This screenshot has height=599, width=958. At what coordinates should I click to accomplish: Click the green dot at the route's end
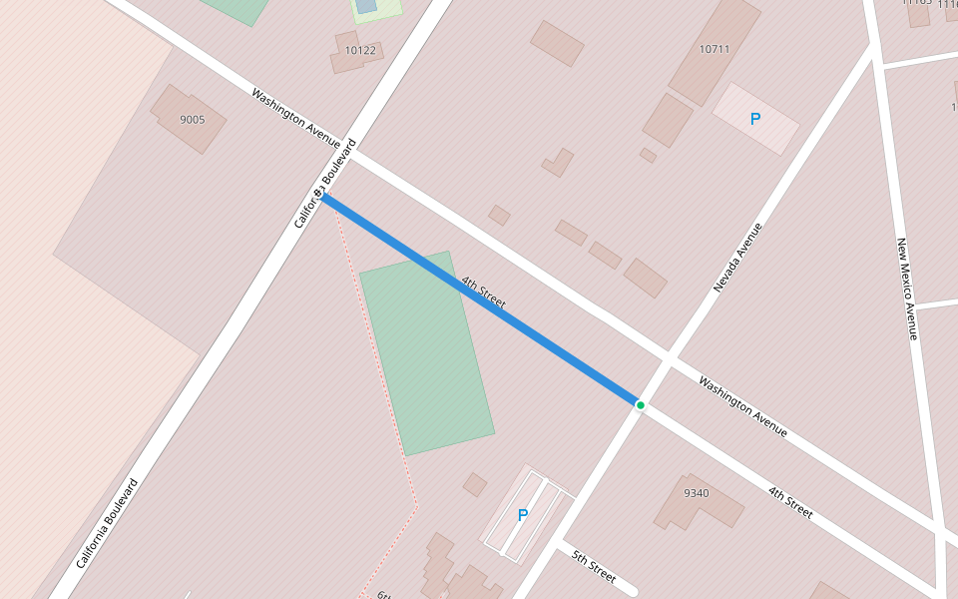click(640, 404)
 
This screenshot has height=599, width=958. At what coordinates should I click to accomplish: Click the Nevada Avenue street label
click(737, 258)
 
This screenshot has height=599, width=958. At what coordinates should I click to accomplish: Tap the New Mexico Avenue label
click(906, 290)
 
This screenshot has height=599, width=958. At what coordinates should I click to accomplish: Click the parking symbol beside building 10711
click(755, 119)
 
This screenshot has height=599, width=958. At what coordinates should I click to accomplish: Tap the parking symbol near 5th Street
click(522, 515)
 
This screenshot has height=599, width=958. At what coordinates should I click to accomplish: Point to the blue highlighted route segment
click(479, 299)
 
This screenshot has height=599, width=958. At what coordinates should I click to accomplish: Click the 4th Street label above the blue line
click(484, 291)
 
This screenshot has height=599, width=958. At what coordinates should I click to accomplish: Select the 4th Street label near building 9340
click(790, 502)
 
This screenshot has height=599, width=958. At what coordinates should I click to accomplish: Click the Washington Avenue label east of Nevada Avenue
click(742, 406)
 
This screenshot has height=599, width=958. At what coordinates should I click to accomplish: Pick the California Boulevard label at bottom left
click(107, 523)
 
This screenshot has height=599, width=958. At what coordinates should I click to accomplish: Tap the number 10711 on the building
click(715, 49)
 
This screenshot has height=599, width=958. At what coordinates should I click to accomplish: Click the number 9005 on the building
click(192, 120)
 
